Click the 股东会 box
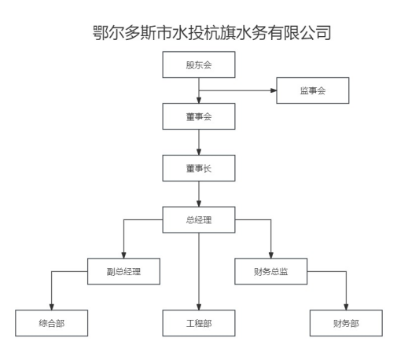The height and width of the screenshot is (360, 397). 199,64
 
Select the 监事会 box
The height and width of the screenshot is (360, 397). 313,90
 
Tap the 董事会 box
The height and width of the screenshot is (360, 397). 199,116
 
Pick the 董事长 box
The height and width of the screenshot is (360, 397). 199,168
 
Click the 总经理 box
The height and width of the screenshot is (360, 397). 199,219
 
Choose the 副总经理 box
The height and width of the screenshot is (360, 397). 123,271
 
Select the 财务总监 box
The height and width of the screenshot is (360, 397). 271,271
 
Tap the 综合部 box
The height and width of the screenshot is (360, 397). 51,323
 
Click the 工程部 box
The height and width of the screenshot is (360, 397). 199,323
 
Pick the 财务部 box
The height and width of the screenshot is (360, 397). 346,323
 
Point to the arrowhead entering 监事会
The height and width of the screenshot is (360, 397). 274,90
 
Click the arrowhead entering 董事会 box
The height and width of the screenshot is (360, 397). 199,101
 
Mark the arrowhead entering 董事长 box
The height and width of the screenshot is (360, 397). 199,152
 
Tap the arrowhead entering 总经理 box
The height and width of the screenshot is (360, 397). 199,204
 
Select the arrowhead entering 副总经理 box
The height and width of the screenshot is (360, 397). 123,255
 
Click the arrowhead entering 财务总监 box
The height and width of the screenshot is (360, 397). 271,255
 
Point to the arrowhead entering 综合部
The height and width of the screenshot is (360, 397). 51,307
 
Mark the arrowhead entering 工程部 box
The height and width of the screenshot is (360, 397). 199,307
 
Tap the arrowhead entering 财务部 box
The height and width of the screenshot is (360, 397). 346,307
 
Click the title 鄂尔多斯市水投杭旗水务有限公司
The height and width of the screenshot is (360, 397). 211,32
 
